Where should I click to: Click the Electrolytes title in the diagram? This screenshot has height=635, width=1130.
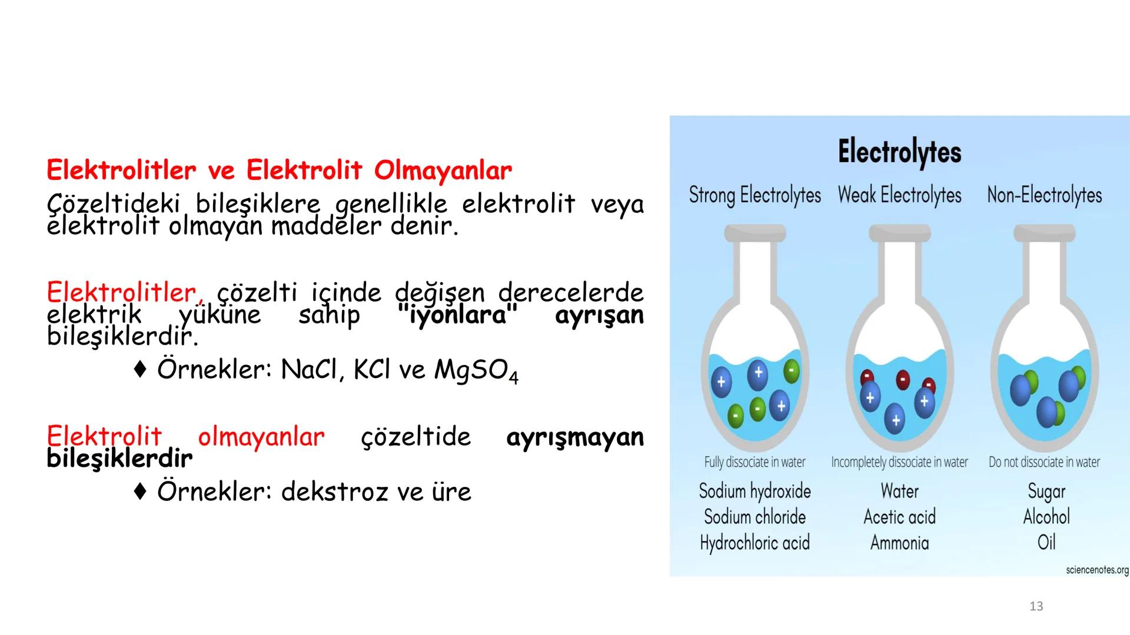(x=899, y=152)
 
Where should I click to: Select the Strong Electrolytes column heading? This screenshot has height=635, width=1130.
(x=755, y=195)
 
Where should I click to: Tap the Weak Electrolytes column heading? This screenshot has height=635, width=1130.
(x=899, y=195)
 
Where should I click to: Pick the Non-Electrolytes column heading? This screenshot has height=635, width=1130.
(x=1044, y=195)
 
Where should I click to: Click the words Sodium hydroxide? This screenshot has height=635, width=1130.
(x=755, y=491)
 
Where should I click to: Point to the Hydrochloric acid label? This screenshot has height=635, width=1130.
(x=755, y=543)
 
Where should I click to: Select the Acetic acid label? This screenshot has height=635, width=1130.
(x=899, y=517)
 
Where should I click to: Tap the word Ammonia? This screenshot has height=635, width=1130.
(x=899, y=543)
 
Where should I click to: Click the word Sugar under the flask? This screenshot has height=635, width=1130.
(x=1046, y=492)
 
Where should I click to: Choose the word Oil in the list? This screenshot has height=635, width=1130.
(x=1046, y=542)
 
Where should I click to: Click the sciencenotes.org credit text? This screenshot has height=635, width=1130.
(x=1097, y=570)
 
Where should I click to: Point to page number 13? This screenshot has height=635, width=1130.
(x=1036, y=606)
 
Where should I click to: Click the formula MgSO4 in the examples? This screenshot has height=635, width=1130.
(x=476, y=370)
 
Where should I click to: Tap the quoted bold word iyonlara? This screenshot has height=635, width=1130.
(x=458, y=315)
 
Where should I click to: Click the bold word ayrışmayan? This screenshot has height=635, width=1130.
(x=574, y=437)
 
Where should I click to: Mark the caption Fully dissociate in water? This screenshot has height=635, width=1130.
(x=755, y=462)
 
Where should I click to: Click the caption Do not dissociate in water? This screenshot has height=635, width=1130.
(x=1044, y=462)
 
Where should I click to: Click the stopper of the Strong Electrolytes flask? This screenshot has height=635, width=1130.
(x=755, y=233)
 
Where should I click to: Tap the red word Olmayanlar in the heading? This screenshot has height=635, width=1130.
(x=443, y=171)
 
